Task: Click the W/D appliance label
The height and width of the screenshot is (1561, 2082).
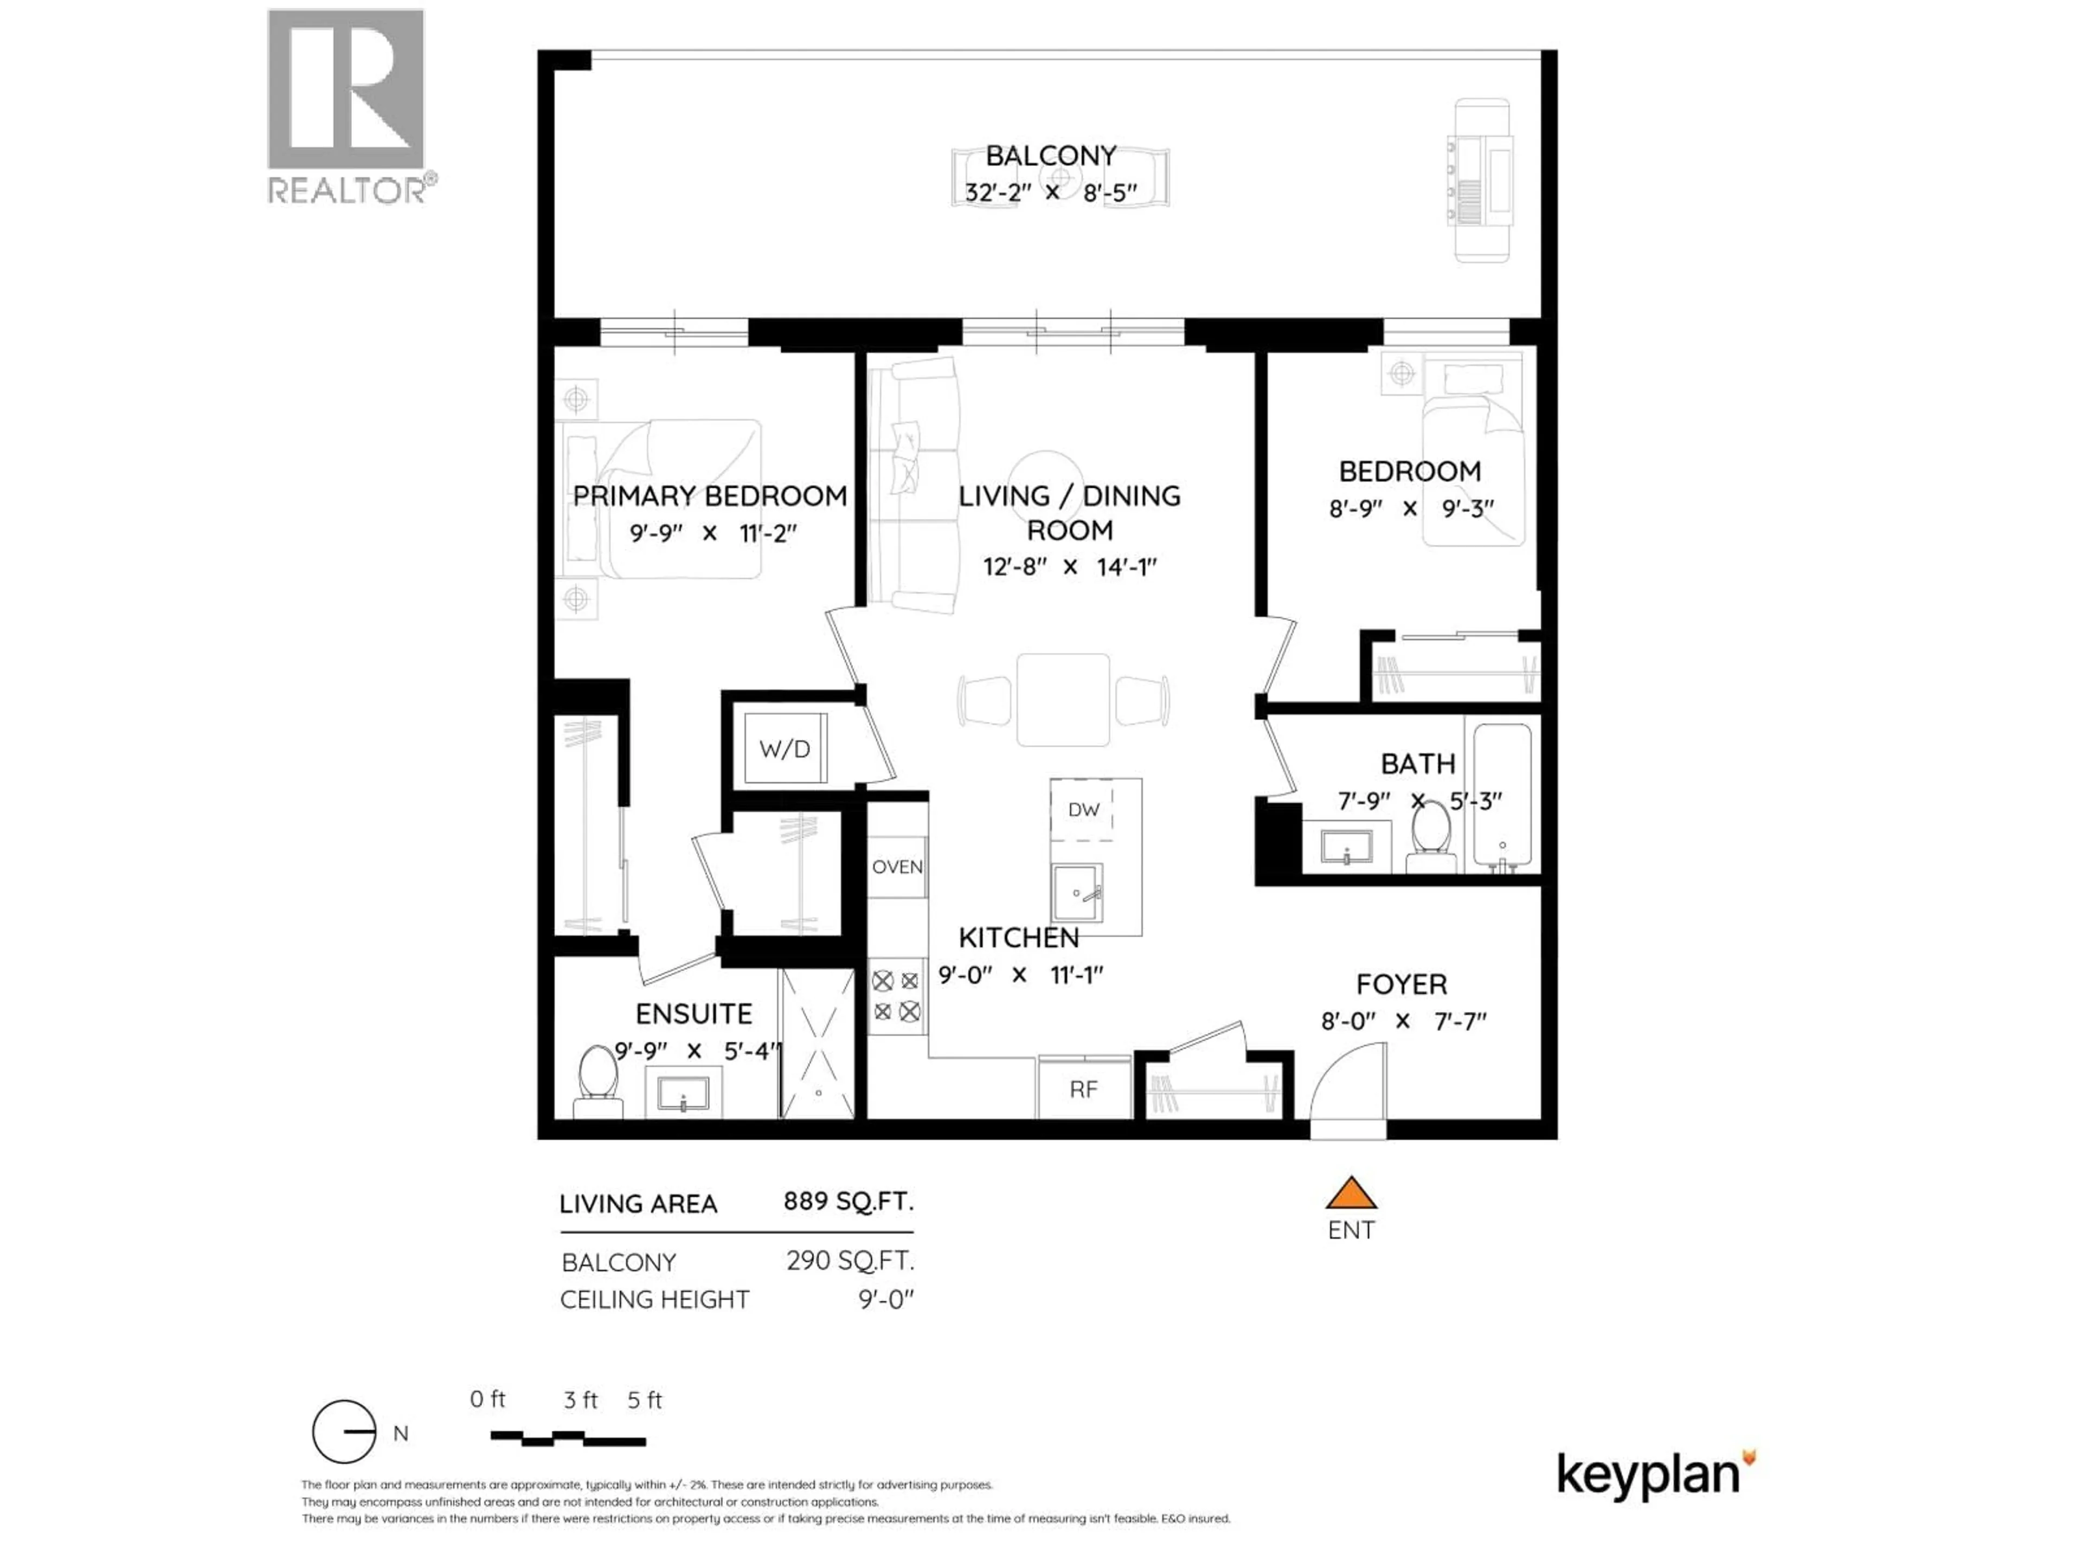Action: click(x=784, y=749)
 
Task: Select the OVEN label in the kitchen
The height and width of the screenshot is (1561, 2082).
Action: click(x=896, y=867)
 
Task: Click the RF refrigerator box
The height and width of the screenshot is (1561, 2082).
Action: click(x=1083, y=1089)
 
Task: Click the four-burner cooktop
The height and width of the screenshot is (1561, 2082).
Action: click(x=896, y=996)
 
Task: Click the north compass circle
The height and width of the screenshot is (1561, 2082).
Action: click(x=344, y=1431)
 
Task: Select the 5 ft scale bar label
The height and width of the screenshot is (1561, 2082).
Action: click(x=645, y=1400)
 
